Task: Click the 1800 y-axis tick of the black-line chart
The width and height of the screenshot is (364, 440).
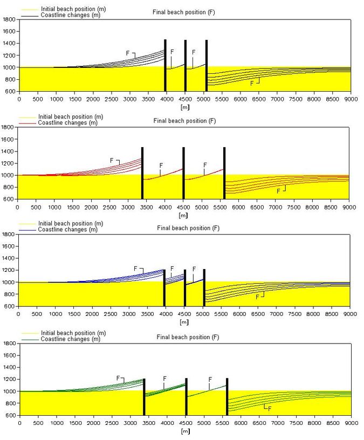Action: coord(9,19)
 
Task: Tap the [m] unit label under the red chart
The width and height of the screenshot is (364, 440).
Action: coord(184,215)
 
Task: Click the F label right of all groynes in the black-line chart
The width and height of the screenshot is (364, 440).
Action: coord(251,84)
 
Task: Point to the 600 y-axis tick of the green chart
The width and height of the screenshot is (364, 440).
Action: coord(9,415)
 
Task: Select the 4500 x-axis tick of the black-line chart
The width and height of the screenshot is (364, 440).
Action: coord(185,100)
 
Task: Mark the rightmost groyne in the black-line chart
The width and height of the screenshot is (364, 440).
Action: coord(206,65)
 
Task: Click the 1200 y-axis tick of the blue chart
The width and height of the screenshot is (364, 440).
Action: coord(9,270)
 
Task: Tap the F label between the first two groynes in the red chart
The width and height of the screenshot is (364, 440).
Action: coord(161,166)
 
